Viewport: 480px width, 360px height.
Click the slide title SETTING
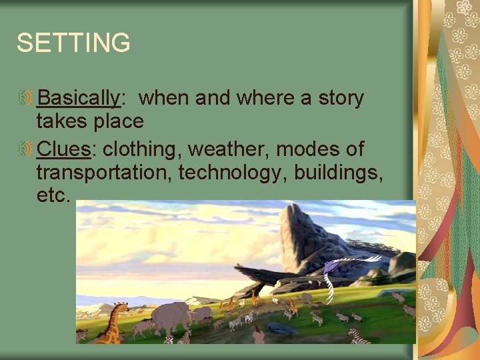(x=73, y=43)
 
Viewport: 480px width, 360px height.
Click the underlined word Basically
(x=78, y=99)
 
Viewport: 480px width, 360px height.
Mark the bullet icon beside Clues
(x=25, y=148)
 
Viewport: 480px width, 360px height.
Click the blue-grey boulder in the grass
(x=281, y=327)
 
